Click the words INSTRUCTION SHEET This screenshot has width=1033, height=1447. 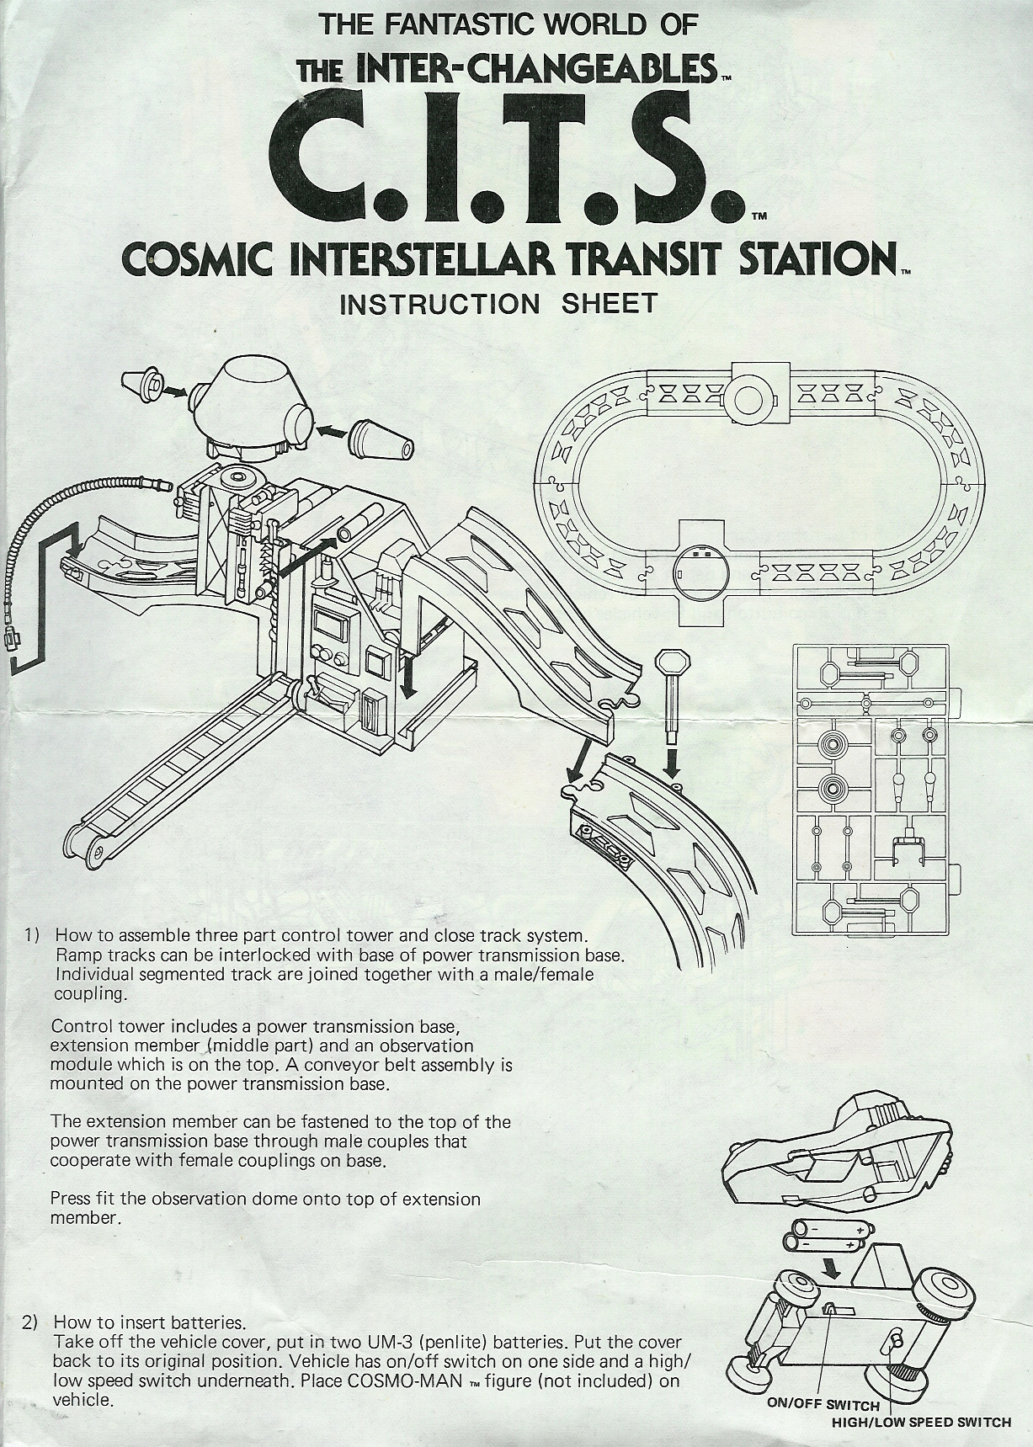point(498,304)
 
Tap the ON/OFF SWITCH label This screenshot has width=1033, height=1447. point(823,1405)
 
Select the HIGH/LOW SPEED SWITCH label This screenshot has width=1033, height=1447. point(921,1423)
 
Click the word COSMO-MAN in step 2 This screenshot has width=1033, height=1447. point(413,1381)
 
